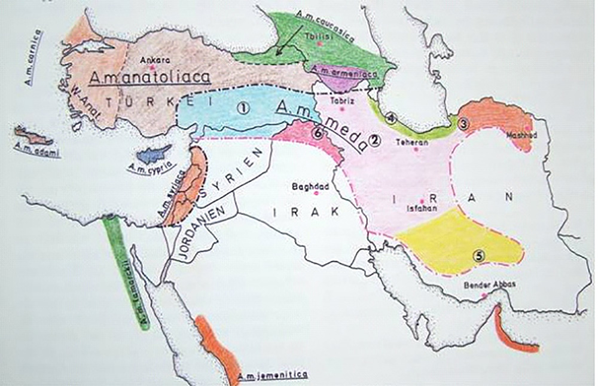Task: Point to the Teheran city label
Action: point(413,143)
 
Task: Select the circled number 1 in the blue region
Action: point(243,108)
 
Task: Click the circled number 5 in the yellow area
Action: point(479,256)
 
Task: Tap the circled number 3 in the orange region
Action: point(463,123)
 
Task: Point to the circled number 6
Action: point(318,134)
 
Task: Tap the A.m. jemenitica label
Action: point(272,375)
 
